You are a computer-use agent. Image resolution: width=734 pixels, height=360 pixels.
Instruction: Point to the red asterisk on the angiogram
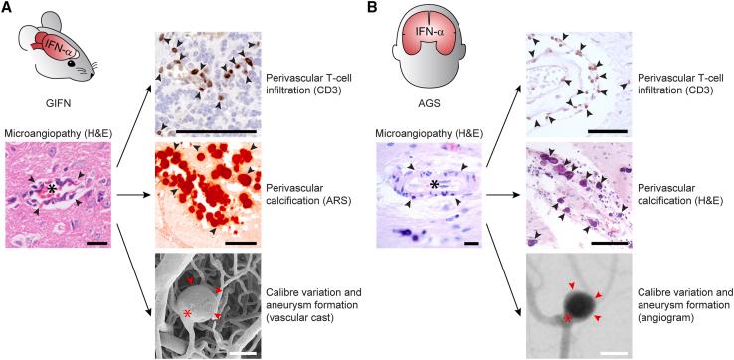pyautogui.click(x=567, y=318)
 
